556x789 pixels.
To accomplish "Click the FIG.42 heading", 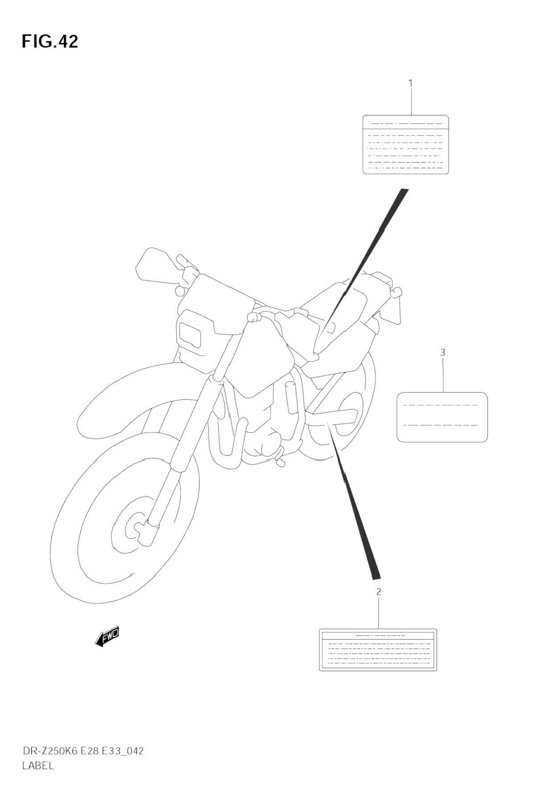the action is [50, 42].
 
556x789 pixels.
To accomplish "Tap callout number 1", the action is [411, 83].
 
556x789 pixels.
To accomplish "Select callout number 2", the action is [379, 592].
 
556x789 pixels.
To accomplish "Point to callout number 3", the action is [443, 353].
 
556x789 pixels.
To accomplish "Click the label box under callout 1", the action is [406, 145].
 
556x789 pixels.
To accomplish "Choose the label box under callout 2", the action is [378, 650].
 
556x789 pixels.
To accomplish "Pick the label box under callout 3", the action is [442, 417].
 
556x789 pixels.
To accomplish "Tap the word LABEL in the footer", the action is [38, 766].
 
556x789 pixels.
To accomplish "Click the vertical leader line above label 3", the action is [443, 375].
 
